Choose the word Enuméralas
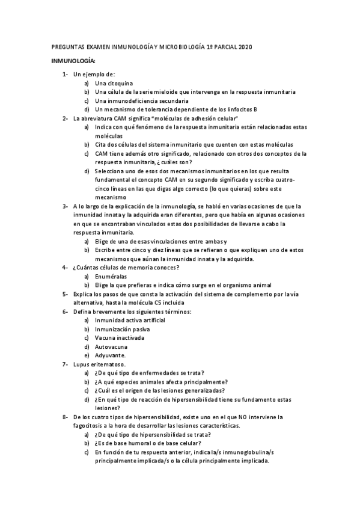112,276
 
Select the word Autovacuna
112,346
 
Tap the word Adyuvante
111,355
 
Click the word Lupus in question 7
82,364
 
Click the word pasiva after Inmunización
138,329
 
